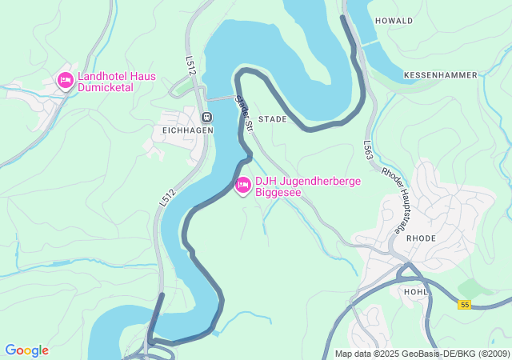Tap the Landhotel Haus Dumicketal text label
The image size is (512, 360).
coord(117,83)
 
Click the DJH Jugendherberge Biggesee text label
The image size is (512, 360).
coord(308,186)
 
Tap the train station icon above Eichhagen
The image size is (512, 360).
coord(207,117)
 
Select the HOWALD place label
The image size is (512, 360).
coord(394,21)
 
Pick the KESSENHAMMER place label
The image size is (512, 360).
coord(440,75)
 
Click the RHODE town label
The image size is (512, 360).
coord(421,238)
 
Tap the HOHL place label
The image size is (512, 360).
coord(417,292)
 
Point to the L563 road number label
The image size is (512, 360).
coord(368,150)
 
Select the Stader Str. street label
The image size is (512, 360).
coord(243,114)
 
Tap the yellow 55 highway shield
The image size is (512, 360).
coord(464,305)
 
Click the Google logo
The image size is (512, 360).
coord(26,350)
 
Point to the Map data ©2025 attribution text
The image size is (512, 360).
coord(421,354)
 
